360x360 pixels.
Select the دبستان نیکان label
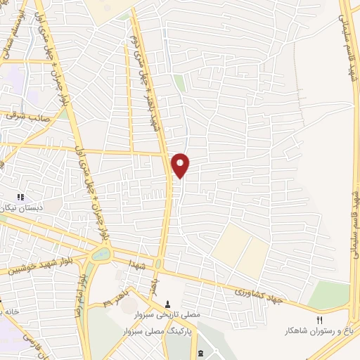(x=24, y=208)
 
